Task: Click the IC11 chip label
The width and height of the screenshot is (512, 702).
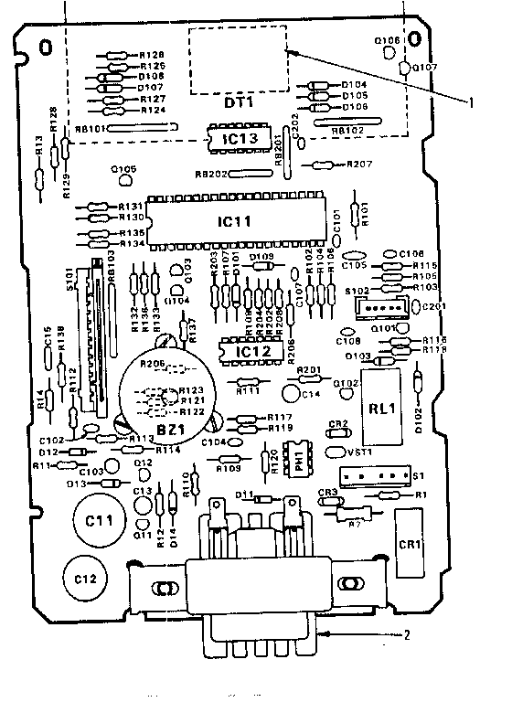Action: [x=234, y=221]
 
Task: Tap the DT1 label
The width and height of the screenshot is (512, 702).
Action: [x=237, y=102]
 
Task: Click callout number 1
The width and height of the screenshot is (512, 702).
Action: [x=471, y=102]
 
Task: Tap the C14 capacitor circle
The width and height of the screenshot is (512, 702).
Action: [x=292, y=394]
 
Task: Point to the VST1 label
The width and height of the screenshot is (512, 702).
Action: [x=336, y=451]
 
